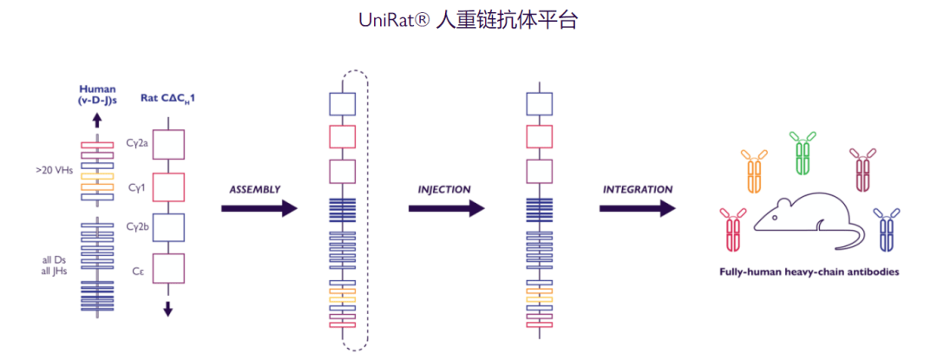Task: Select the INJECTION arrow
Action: [x=446, y=208]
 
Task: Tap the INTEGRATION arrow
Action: [x=637, y=208]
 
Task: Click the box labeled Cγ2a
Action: [x=169, y=144]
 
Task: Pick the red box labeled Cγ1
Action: [x=169, y=187]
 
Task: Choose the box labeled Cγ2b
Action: [x=169, y=227]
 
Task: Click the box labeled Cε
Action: [x=169, y=268]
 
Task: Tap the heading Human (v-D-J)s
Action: [x=97, y=94]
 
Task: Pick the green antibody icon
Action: [x=803, y=153]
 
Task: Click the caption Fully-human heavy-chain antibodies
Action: [x=809, y=272]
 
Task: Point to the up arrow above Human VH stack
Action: [x=97, y=121]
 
